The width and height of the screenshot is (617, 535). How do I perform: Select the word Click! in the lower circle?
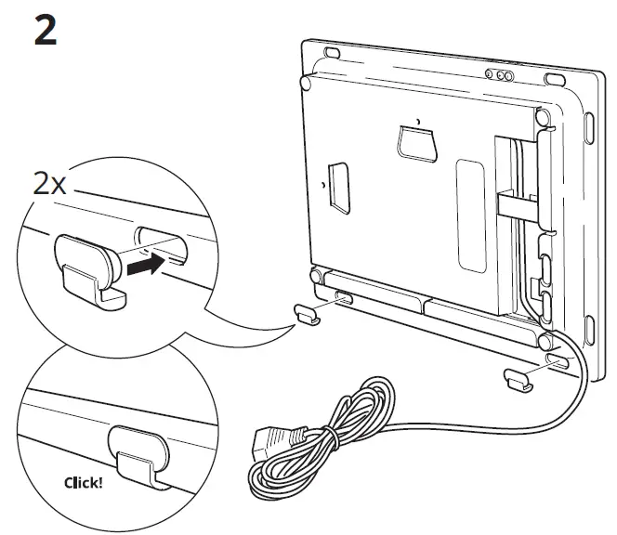(x=85, y=483)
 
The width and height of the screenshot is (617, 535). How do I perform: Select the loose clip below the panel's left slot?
(x=308, y=314)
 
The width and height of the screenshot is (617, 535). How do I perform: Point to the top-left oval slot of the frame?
(x=332, y=50)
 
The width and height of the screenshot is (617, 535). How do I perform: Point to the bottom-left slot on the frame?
(x=342, y=299)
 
